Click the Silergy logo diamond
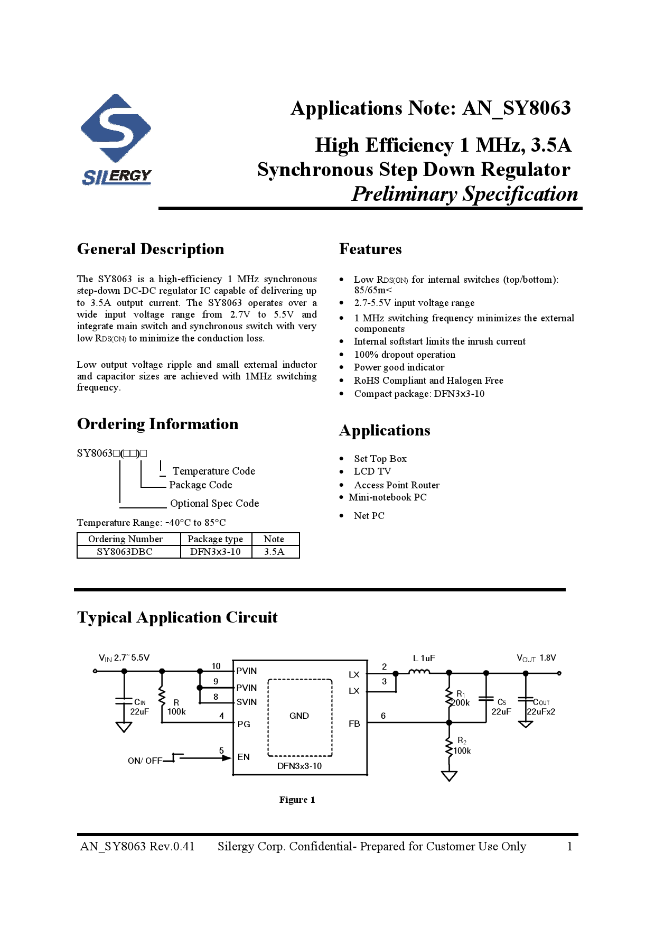click(x=116, y=128)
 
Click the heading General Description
click(x=151, y=249)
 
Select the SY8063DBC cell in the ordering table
click(x=125, y=552)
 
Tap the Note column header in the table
click(x=274, y=539)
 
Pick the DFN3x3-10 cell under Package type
click(x=215, y=552)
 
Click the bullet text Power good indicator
click(x=399, y=367)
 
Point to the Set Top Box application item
click(x=380, y=459)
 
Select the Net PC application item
click(x=369, y=516)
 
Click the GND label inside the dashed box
click(x=299, y=716)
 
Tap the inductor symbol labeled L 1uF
click(x=419, y=672)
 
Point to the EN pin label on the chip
click(x=244, y=757)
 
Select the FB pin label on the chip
click(x=354, y=724)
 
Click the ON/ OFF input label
click(x=145, y=761)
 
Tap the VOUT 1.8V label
click(x=536, y=658)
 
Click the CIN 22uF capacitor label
click(x=139, y=707)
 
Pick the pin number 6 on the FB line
click(x=383, y=716)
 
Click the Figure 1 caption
click(x=297, y=800)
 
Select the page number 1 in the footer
click(x=569, y=846)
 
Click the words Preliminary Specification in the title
click(x=465, y=194)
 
